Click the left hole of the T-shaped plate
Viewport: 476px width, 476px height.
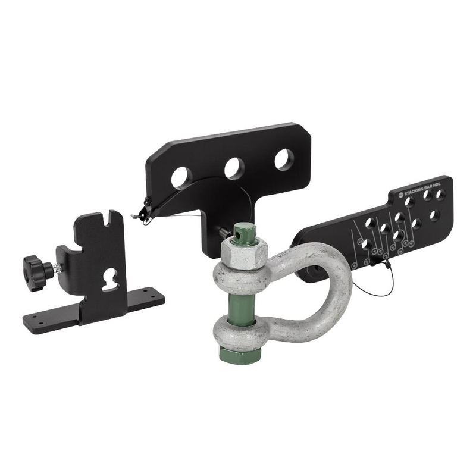pos(181,177)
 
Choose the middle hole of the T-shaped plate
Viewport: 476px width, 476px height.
pos(233,168)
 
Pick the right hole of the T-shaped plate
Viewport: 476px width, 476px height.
pos(284,159)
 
